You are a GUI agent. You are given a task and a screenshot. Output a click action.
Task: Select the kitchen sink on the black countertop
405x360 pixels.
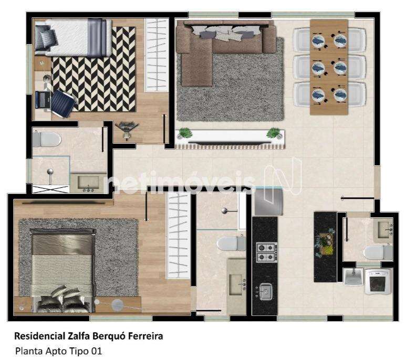coord(265,292)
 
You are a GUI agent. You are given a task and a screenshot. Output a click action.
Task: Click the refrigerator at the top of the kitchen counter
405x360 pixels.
coord(268,202)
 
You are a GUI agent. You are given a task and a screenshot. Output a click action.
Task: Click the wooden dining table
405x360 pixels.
coord(329,67)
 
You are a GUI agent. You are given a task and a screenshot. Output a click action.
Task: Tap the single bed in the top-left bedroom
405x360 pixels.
coord(74,37)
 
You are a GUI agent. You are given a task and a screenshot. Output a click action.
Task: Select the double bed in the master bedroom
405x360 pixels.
coord(63,270)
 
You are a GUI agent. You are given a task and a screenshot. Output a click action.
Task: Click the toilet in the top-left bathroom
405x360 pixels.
coord(47,140)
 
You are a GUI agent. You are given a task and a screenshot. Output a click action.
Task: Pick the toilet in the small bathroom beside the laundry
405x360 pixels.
coord(378,252)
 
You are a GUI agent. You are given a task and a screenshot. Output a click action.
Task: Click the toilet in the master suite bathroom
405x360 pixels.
coord(231,243)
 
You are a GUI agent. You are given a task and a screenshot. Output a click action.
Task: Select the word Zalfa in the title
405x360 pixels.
coord(79,336)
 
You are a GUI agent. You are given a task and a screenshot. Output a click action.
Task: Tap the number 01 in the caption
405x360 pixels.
coord(96,351)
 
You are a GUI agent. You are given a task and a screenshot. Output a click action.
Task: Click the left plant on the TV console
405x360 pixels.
coord(185,133)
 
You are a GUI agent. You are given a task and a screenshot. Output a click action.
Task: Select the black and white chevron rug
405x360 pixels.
coord(94,70)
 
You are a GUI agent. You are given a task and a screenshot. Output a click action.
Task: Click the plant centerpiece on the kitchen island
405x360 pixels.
coord(326,244)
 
